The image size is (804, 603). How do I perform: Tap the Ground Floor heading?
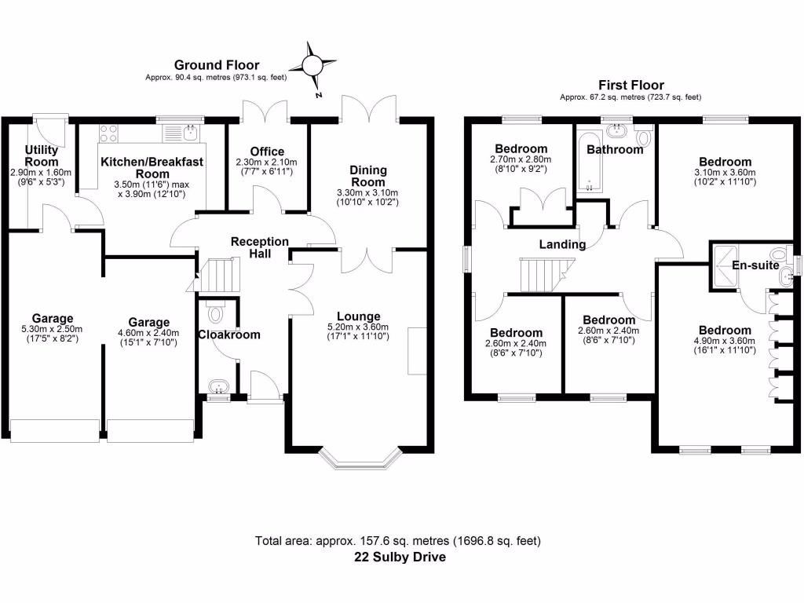coord(217,65)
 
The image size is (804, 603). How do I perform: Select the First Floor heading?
coord(630,85)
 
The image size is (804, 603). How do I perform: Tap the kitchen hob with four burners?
coord(109,133)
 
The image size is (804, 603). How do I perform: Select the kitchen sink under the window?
coord(188,133)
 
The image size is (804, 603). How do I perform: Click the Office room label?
coord(267,152)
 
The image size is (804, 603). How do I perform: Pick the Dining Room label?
coord(367,176)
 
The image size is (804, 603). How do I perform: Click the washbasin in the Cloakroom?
coord(216,386)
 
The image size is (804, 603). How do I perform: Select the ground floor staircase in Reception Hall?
coord(217,276)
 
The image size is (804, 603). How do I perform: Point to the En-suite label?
coord(755,265)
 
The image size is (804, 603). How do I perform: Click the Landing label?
coord(561,244)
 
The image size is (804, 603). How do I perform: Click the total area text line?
coord(398,541)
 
